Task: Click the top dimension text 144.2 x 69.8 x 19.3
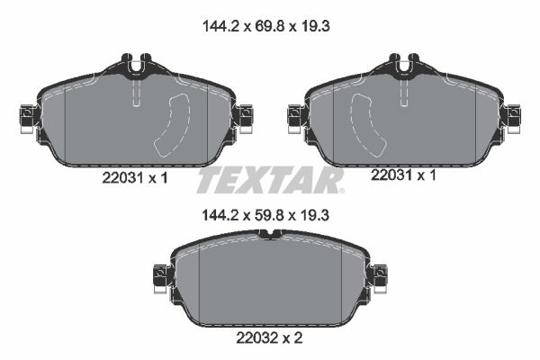click(x=269, y=28)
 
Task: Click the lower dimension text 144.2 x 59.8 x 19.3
click(x=269, y=216)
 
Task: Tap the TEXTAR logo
click(x=270, y=180)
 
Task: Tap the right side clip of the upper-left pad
click(x=244, y=114)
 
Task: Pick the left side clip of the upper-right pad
click(x=293, y=114)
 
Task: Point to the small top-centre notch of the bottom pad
click(x=270, y=235)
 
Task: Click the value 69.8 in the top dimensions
click(x=269, y=28)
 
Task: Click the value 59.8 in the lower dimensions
click(x=269, y=216)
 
